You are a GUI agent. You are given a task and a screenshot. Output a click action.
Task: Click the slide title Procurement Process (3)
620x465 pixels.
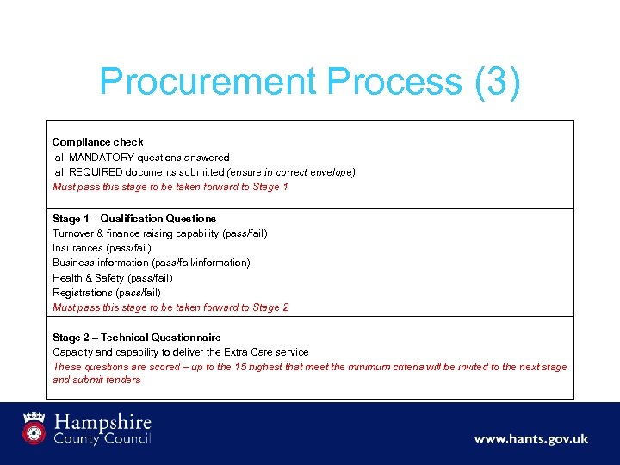point(310,83)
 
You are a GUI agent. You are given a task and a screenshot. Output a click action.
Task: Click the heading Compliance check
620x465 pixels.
point(98,142)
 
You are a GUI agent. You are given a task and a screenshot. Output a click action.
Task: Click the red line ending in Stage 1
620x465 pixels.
point(170,187)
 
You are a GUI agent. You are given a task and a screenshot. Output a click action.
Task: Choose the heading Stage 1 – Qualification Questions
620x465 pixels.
point(134,219)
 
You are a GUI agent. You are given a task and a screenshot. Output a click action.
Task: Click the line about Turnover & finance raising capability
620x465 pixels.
point(159,233)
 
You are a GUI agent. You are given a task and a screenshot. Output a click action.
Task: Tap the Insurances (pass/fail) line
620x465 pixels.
point(102,248)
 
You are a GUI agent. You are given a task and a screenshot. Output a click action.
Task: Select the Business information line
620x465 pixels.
point(152,263)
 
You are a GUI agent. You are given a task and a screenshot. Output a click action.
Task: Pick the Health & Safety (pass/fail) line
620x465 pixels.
point(113,278)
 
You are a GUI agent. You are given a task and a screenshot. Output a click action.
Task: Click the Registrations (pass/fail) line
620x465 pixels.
point(107,293)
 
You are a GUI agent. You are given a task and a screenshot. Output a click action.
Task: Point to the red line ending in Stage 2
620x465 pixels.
point(170,307)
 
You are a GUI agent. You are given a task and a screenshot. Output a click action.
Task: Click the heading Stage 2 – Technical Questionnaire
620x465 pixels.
point(137,338)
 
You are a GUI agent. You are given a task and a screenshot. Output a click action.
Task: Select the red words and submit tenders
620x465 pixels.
point(96,380)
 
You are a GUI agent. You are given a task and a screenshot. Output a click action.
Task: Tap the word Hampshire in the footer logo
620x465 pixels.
point(102,423)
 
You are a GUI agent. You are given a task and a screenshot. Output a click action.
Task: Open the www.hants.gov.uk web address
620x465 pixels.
point(530,439)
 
